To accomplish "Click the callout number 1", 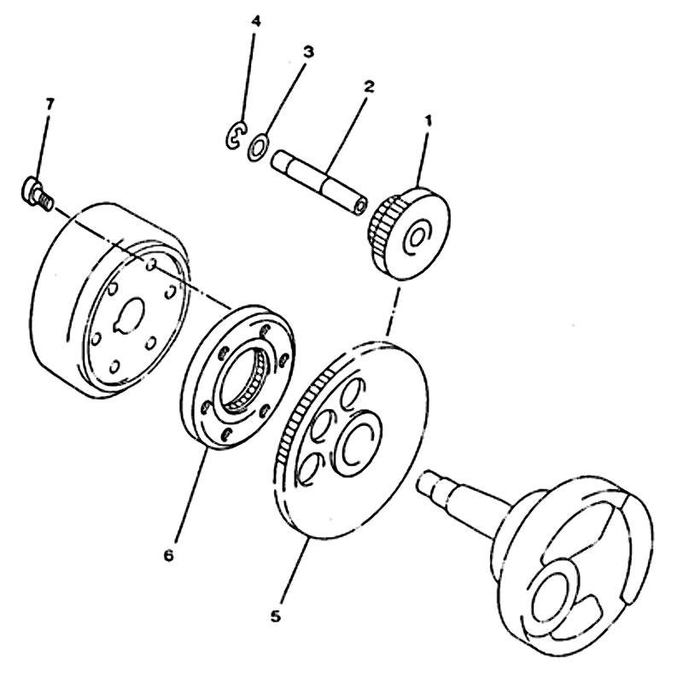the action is [x=429, y=120].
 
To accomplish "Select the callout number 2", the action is [x=369, y=87].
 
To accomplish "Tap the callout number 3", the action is [x=308, y=52].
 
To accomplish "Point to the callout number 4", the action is [x=256, y=20].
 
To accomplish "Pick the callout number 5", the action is [x=275, y=616].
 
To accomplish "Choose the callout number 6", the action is [x=168, y=556].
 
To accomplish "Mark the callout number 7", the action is [x=50, y=104].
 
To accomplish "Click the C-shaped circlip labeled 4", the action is [x=236, y=136].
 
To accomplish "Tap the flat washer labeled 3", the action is [x=258, y=147].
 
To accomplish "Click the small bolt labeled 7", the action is [x=37, y=193].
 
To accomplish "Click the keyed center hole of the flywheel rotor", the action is [x=130, y=316].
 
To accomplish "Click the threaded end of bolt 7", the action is [x=45, y=201].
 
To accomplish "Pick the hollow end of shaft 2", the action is [x=359, y=207].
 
